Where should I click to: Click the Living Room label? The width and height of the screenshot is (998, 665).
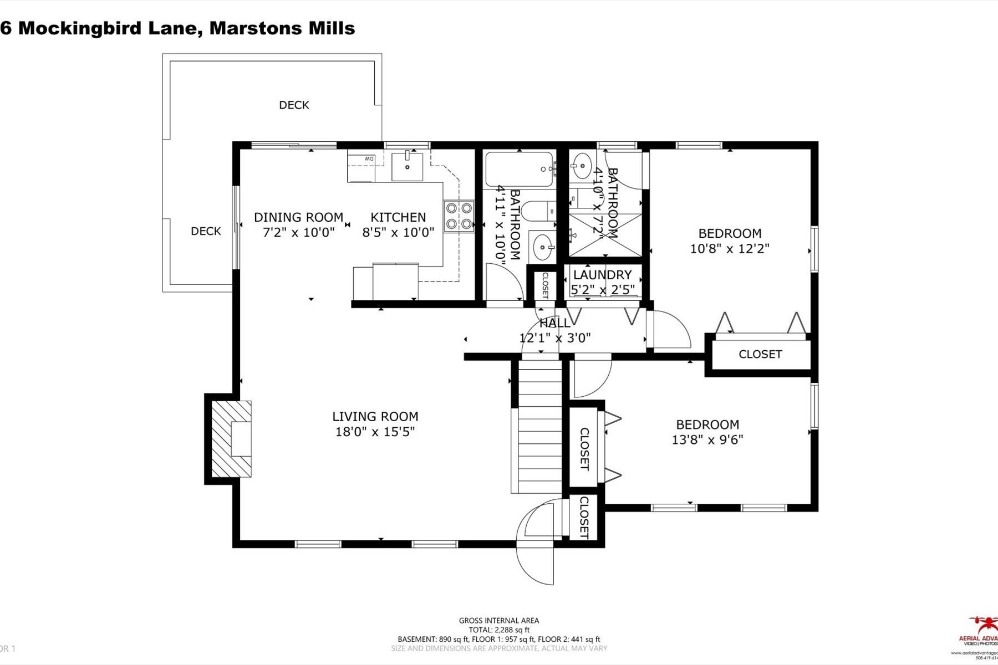point(375,417)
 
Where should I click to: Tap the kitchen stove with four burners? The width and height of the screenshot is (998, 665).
point(459,216)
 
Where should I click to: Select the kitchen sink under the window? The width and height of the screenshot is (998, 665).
point(407,167)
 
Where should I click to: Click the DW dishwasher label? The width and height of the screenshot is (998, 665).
point(369,160)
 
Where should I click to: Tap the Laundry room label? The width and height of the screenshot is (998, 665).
point(602,275)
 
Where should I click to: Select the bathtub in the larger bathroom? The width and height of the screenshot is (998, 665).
point(519,170)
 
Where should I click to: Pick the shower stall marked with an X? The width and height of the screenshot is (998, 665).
point(605,234)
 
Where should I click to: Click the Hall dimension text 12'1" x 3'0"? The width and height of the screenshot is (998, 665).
point(555,337)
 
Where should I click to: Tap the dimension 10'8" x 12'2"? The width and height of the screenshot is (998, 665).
point(730,248)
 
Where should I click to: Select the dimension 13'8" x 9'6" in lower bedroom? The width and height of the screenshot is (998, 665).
point(707,439)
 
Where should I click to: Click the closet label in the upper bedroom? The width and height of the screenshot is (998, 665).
point(760,354)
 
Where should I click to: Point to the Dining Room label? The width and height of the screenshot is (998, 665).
point(298,217)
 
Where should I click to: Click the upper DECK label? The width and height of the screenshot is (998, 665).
point(294,105)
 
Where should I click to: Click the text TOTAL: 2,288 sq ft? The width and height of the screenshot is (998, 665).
point(499,630)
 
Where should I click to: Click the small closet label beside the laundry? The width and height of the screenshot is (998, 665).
point(544,285)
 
